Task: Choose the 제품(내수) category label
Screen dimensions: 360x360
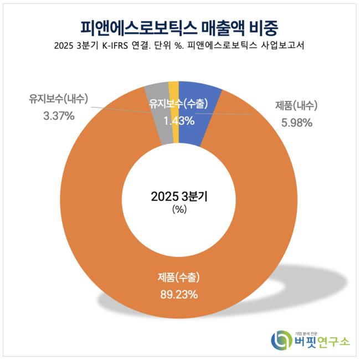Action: pyautogui.click(x=296, y=106)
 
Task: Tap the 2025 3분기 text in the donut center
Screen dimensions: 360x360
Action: pyautogui.click(x=179, y=197)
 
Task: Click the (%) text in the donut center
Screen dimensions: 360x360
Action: pyautogui.click(x=179, y=209)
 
